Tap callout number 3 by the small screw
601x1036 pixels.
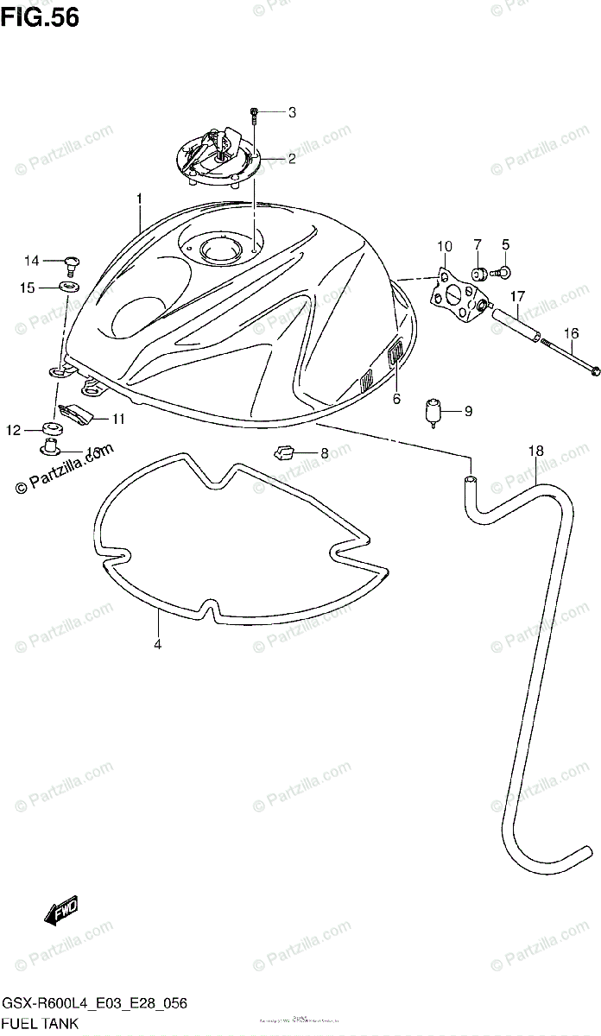[x=292, y=111]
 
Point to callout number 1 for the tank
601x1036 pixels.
[x=139, y=199]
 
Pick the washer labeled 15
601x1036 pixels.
[x=68, y=286]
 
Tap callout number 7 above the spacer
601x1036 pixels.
[x=477, y=245]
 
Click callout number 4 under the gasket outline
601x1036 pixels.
[x=158, y=643]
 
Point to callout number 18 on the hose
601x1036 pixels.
[x=535, y=451]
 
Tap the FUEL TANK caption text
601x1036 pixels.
[x=41, y=1023]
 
